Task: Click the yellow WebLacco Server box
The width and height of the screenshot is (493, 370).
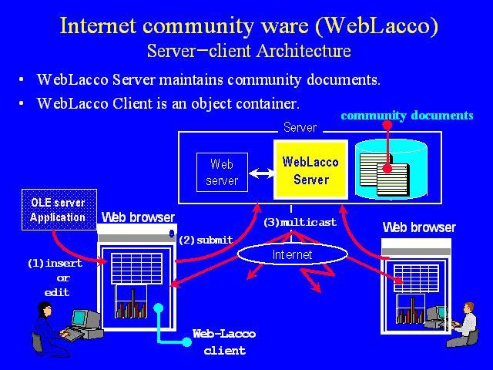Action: click(310, 170)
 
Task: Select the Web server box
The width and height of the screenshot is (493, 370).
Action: click(222, 172)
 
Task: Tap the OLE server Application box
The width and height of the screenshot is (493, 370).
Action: click(59, 210)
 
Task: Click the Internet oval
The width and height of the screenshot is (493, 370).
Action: click(293, 254)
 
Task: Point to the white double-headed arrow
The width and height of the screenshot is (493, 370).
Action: click(261, 173)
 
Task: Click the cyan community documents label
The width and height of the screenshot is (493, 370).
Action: click(407, 116)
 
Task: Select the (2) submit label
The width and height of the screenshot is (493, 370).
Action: click(206, 240)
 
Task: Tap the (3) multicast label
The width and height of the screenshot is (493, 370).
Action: click(300, 223)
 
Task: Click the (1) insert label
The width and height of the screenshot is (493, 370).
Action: click(55, 263)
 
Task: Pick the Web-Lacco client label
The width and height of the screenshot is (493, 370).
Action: click(224, 342)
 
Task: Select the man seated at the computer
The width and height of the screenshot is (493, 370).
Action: click(464, 325)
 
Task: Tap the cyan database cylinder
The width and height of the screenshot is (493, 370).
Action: click(391, 170)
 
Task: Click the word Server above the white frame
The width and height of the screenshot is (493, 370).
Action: click(300, 127)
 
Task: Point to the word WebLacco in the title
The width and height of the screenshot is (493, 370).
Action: click(377, 25)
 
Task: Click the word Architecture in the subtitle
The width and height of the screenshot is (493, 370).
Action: click(304, 51)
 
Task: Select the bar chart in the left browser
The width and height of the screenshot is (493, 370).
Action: click(131, 301)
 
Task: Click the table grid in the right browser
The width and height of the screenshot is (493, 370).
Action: click(416, 278)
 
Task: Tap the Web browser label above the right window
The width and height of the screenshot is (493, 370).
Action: click(419, 227)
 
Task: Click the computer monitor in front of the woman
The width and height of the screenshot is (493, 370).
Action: click(82, 318)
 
